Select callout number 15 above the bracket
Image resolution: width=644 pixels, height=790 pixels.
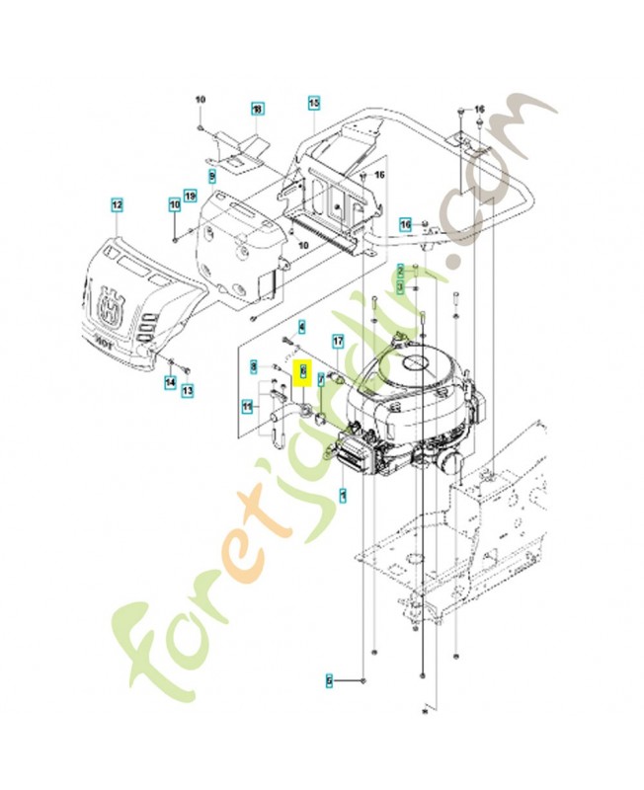point(314,102)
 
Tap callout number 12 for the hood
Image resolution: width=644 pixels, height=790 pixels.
point(116,204)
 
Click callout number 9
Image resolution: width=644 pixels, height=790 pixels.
point(211,175)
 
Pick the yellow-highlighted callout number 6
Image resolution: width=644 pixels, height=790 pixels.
point(304,371)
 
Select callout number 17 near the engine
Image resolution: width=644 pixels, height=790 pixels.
point(338,342)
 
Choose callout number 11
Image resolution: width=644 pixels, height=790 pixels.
point(247,404)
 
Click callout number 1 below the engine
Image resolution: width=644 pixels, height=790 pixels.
point(343,496)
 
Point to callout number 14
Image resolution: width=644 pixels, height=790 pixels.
point(170,381)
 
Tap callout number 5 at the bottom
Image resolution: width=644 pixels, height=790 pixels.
point(332,681)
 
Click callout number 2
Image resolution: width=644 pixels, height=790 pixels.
point(400,270)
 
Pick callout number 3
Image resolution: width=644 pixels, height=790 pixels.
point(400,285)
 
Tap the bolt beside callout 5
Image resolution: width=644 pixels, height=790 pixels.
point(363,682)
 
